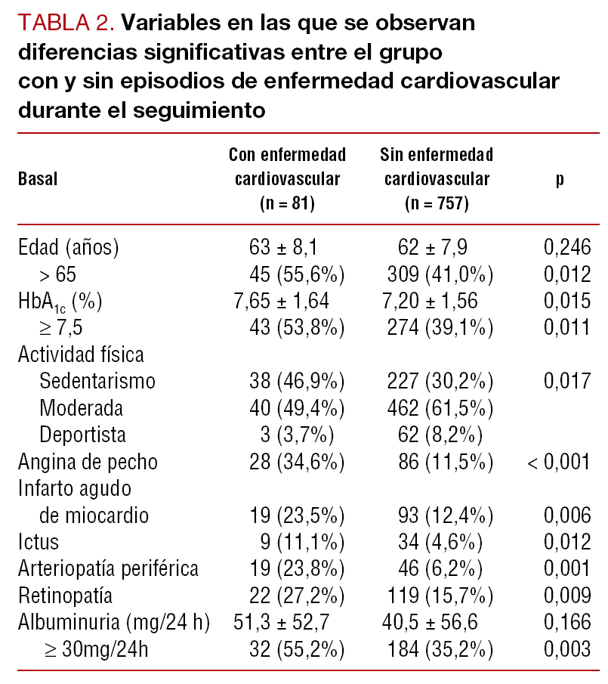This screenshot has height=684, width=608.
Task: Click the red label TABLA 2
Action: coord(65,23)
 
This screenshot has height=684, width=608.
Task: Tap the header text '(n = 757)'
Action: coord(437,203)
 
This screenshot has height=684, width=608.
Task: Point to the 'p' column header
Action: coord(560,180)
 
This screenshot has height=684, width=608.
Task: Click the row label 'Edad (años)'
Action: coord(69,247)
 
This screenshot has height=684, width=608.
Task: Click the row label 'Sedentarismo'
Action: coord(97,381)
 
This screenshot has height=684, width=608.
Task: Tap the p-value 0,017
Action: coord(566,381)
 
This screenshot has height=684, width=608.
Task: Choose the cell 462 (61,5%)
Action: coord(438,408)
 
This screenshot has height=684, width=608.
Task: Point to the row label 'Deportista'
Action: coord(83,435)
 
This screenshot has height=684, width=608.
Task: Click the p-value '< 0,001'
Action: coord(559,462)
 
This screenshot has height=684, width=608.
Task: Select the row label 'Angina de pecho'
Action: coord(88,462)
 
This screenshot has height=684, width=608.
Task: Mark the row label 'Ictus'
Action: coord(39,542)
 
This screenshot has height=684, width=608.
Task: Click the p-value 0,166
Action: coord(566,622)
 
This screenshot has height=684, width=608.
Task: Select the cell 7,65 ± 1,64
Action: coord(281,301)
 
